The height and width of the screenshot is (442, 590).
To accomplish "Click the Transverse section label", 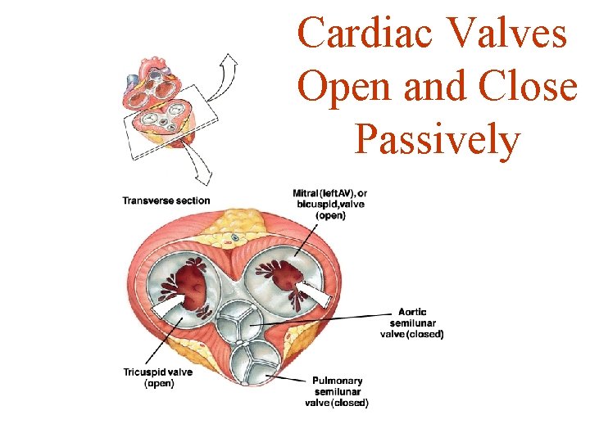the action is [166, 201].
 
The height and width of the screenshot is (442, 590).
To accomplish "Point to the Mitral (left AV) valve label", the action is [330, 205].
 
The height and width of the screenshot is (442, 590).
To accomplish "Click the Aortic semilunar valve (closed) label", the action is [412, 322].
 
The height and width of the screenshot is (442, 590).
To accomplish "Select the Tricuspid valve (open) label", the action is [158, 377].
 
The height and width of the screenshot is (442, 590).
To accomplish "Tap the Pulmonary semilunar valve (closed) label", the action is [337, 391].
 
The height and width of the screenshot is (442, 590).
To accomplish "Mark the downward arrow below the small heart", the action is [199, 167].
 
